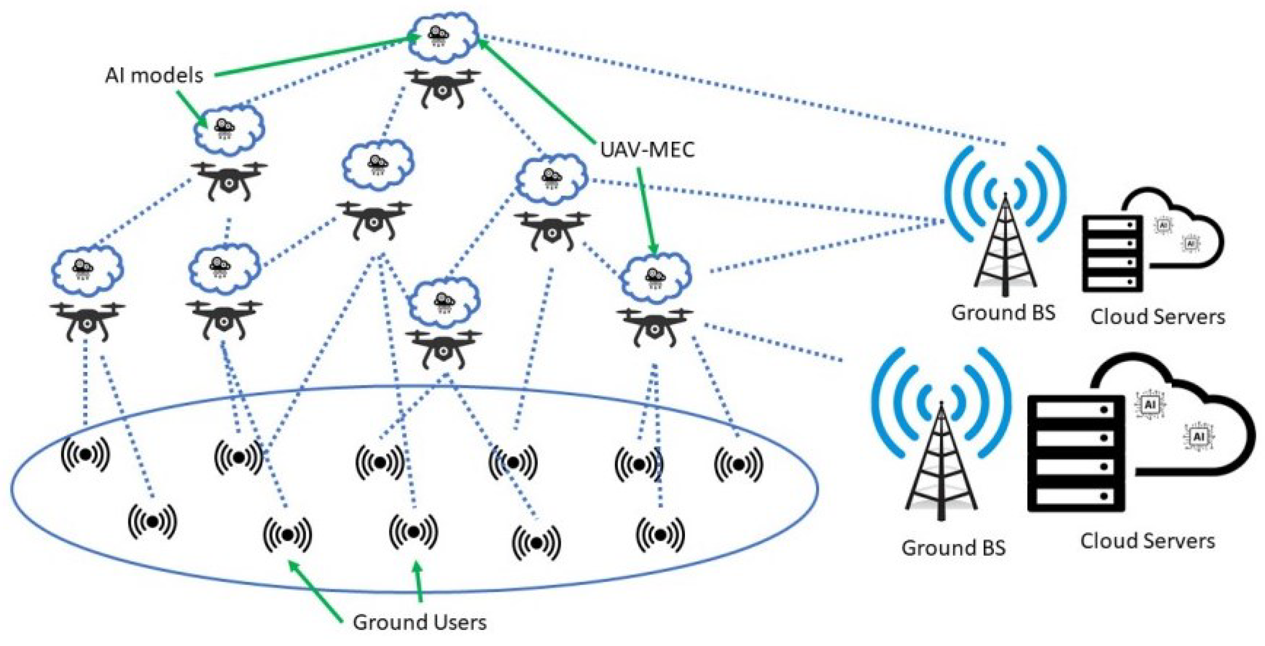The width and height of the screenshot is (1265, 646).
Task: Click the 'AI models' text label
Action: [x=154, y=76]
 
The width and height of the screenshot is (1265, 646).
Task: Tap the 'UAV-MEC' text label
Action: [x=647, y=149]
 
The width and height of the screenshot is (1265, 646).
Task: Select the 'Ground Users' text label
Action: [x=420, y=622]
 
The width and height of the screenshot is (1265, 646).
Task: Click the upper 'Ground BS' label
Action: [x=1003, y=313]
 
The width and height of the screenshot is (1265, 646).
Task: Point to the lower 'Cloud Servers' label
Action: [x=1147, y=541]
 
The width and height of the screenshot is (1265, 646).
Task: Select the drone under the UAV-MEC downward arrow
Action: [x=654, y=325]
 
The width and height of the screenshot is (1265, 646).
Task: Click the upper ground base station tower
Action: [x=1005, y=245]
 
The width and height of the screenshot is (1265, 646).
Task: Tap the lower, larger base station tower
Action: [x=941, y=461]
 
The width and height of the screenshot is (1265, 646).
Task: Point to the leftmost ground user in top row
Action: [x=85, y=454]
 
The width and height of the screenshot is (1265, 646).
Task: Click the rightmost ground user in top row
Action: [x=738, y=464]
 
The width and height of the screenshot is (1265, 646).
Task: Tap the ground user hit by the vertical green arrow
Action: [x=413, y=532]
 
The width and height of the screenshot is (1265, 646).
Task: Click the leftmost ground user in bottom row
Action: [x=152, y=520]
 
